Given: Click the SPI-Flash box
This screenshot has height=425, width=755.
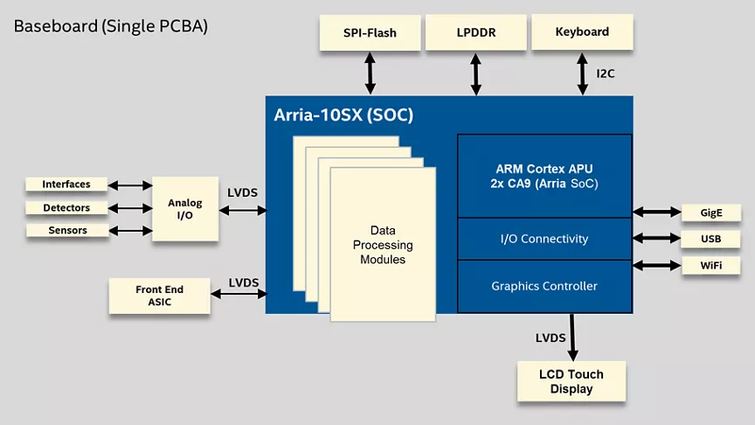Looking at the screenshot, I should (370, 33).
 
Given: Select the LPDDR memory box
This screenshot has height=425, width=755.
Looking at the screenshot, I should (475, 33).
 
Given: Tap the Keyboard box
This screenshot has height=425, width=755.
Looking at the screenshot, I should (582, 32).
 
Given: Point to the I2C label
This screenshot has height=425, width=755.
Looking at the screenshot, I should (606, 73).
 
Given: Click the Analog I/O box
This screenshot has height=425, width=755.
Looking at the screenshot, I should (184, 209).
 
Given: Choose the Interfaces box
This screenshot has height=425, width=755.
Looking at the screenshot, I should (66, 185).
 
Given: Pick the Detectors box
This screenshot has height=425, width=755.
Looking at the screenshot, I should (66, 208).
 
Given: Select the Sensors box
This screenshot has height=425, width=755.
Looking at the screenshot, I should (66, 231).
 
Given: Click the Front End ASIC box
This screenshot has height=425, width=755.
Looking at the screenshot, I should (159, 296).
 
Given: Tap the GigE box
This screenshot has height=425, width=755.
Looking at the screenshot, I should (710, 212).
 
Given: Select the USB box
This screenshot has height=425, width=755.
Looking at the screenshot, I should (710, 239).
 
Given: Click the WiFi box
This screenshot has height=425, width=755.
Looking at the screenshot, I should (710, 265).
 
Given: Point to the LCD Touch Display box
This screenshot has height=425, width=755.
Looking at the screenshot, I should (571, 381).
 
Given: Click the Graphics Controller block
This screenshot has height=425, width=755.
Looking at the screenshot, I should (544, 286).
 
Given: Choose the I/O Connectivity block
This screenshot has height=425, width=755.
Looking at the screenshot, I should (544, 239).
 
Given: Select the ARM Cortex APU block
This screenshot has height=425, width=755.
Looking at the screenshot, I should (544, 176).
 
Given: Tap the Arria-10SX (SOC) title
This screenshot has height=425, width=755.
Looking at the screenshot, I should (343, 115).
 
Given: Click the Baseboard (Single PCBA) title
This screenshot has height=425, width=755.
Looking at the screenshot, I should (110, 26).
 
